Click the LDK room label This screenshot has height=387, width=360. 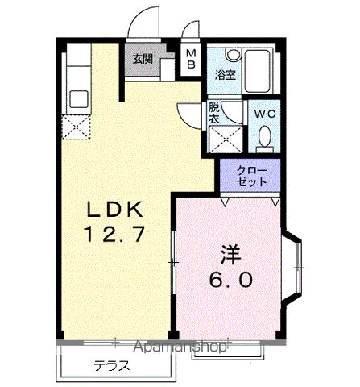[x=114, y=210]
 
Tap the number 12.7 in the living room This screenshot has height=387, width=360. [x=114, y=235]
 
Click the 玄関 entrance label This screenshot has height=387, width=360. [x=143, y=59]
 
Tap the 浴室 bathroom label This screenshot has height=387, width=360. [x=225, y=75]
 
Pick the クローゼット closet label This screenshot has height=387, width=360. [x=251, y=177]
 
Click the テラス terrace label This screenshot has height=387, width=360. [x=112, y=365]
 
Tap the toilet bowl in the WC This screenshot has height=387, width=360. [x=263, y=140]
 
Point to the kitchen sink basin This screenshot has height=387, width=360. [x=79, y=98]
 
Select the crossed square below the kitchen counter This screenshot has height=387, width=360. [x=77, y=127]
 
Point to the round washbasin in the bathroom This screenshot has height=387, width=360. [x=233, y=55]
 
